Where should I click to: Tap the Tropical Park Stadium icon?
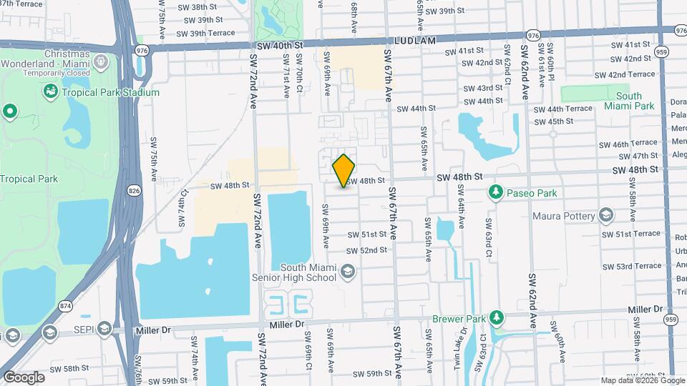(x=50, y=92)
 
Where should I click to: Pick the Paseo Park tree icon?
(x=494, y=192)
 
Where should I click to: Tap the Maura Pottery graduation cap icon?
(x=606, y=216)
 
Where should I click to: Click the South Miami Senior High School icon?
(x=347, y=271)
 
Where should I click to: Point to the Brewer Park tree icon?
(x=497, y=318)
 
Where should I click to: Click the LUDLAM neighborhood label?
(x=414, y=41)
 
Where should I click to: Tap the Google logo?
(x=24, y=377)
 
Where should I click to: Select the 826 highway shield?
(x=135, y=190)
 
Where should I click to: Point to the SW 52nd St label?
(x=366, y=250)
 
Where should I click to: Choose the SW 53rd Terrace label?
(x=627, y=267)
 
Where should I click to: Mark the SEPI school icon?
(x=104, y=330)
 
